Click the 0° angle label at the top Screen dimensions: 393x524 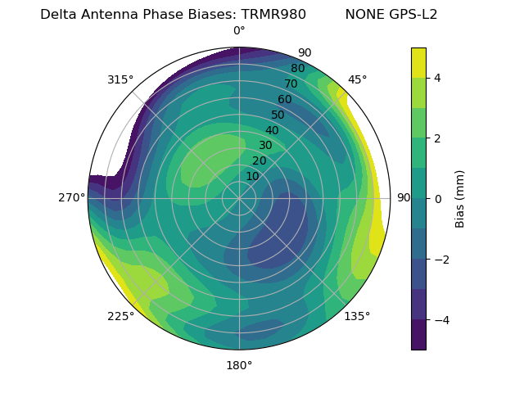click(239, 31)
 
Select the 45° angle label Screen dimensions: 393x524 click(357, 79)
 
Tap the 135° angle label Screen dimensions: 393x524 click(357, 316)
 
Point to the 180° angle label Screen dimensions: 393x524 click(239, 365)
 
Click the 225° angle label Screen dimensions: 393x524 click(120, 316)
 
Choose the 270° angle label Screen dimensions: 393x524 click(71, 197)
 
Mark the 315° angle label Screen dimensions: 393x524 click(120, 79)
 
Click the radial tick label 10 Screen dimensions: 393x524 click(252, 176)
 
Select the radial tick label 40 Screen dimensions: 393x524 click(272, 130)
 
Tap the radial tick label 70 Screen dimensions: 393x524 click(291, 84)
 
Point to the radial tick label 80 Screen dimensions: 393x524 click(297, 69)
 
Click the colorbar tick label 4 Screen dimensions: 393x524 click(437, 78)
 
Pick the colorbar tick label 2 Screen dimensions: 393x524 click(437, 138)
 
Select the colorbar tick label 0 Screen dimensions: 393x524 click(437, 198)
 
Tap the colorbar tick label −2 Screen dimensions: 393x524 click(440, 259)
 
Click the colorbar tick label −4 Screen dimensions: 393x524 click(440, 319)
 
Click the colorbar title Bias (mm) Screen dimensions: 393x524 click(460, 198)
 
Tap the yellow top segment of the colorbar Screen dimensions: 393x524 click(418, 62)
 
